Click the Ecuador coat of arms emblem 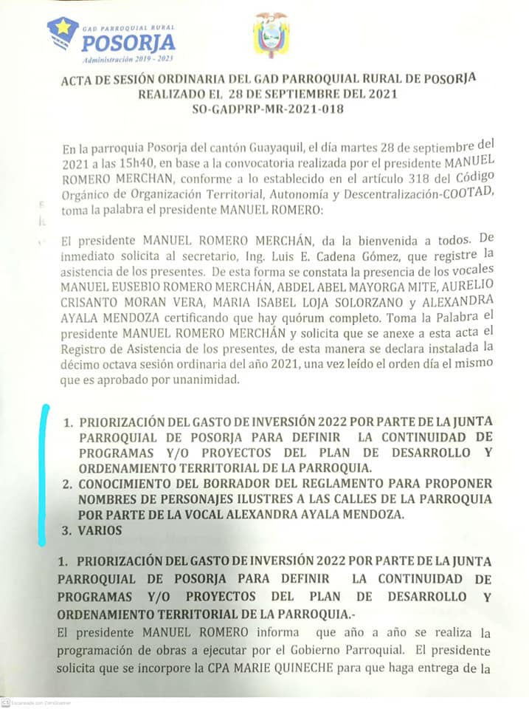270,35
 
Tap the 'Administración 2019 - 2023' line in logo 128,58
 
